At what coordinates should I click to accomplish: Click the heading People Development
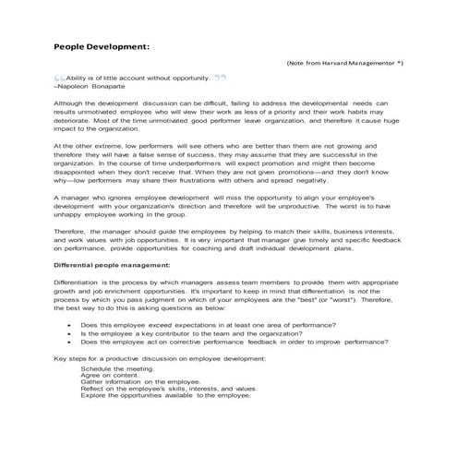(x=102, y=44)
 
